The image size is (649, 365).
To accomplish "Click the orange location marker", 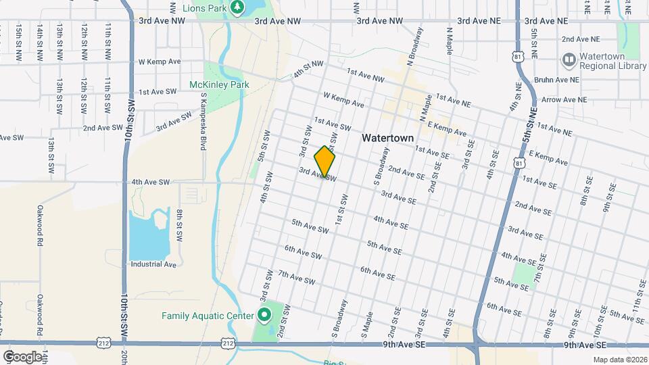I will pyautogui.click(x=325, y=162).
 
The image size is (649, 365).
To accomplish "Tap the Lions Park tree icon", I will pyautogui.click(x=237, y=7).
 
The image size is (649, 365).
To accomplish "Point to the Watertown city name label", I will pyautogui.click(x=387, y=137).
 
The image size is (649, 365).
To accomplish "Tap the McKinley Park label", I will pyautogui.click(x=220, y=84).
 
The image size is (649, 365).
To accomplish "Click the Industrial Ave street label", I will pyautogui.click(x=153, y=264).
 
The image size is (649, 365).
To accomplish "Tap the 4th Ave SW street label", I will pyautogui.click(x=151, y=182).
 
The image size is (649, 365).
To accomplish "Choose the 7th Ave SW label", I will pyautogui.click(x=297, y=277).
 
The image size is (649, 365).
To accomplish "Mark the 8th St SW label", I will pyautogui.click(x=181, y=225).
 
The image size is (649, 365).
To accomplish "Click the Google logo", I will pyautogui.click(x=22, y=356).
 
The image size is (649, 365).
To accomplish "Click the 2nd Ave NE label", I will pyautogui.click(x=580, y=39).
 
